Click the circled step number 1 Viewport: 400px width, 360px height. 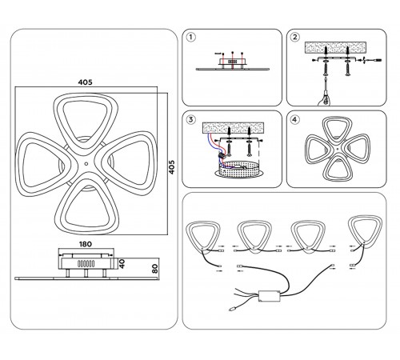pos(190,37)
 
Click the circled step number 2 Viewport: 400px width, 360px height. pos(294,37)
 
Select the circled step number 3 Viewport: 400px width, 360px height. pos(190,119)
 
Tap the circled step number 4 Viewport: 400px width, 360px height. pos(294,119)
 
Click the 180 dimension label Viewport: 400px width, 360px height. pos(86,244)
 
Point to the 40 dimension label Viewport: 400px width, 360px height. pos(122,264)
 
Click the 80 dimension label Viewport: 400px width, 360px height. pos(154,269)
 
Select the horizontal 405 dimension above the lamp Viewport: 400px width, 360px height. pos(86,82)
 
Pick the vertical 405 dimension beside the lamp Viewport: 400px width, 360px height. pos(172,167)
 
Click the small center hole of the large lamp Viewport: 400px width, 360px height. pos(86,164)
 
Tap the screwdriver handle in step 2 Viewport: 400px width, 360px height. pos(325,98)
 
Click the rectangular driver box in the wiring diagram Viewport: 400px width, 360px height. pos(270,296)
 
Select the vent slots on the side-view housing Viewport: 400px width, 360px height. pos(86,264)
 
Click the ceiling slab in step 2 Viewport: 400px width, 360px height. pos(336,47)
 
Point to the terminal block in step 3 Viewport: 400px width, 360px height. pos(221,155)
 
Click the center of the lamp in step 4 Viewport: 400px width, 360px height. pos(337,149)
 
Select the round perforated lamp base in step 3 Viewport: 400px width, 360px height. pos(239,170)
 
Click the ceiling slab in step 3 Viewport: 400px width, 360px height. pos(234,128)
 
